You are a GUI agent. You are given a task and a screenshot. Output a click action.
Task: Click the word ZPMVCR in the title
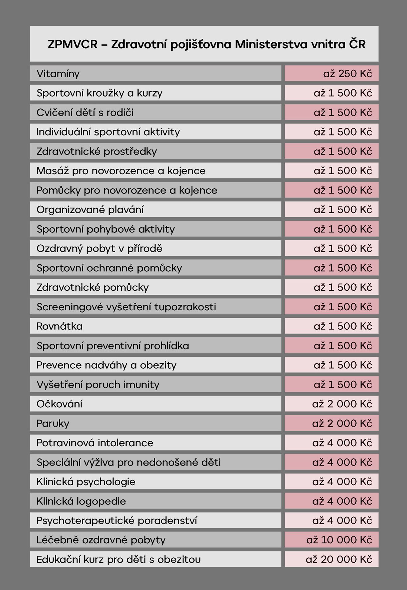coord(73,45)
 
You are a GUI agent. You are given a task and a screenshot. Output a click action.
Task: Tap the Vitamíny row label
coord(58,74)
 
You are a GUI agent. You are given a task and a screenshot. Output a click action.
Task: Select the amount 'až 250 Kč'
coord(348,74)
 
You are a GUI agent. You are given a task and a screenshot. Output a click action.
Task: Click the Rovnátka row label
coord(60,326)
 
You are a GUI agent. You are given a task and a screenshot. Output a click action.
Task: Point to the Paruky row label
coord(53,424)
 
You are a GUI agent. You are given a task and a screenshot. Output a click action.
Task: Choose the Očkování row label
coord(60,404)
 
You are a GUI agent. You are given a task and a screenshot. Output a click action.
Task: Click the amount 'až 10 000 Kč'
coord(339,540)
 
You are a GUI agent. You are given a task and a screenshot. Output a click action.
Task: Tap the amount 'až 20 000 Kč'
coord(339,560)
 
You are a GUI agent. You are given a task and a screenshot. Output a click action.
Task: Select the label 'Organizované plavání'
coord(90,210)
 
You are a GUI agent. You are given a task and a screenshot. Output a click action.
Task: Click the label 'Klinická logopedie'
coord(81,502)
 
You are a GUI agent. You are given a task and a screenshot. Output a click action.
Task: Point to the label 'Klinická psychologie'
coord(86,482)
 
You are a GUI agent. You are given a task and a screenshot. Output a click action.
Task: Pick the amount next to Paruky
coord(342,423)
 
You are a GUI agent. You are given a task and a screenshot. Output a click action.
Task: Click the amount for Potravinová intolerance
coord(342,443)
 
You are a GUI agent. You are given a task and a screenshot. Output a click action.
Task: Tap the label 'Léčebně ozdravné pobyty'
coord(101,540)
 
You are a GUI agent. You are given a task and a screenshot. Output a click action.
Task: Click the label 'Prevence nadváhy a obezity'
coord(107,365)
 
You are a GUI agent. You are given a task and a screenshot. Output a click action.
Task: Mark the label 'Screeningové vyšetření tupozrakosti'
coord(126,307)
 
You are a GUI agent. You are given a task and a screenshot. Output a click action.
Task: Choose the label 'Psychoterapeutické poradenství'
coord(117,521)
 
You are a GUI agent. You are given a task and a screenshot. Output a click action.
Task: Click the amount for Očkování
coord(342,404)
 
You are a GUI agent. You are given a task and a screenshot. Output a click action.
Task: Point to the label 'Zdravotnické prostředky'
coord(97,151)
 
